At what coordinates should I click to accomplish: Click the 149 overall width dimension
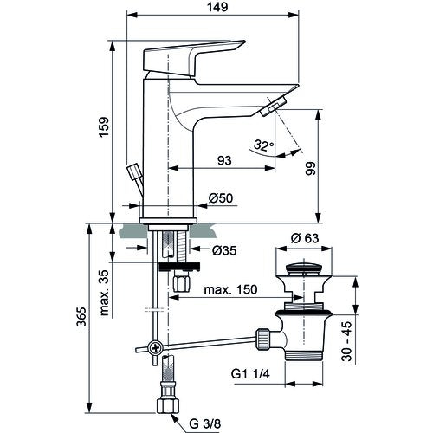coord(217,7)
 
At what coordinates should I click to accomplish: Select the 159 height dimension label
coord(104,126)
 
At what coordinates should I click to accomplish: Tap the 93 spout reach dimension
coord(224,160)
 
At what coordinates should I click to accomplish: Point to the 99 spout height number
coord(311,168)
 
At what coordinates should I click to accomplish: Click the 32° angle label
coord(263,145)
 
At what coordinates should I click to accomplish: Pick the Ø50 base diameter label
coord(221,198)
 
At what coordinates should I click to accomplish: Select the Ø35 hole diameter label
coord(224,250)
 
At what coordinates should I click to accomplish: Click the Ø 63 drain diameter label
coord(305,238)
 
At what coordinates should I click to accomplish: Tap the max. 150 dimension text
coord(230,289)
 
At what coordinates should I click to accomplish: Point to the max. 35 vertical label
coord(104,293)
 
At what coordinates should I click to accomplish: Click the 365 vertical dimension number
coord(81,317)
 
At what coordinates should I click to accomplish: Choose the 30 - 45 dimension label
coord(346,341)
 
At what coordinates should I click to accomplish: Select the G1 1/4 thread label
coord(250,374)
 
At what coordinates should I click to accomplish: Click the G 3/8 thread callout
coord(205,424)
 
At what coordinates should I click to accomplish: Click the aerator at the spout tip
coord(273,107)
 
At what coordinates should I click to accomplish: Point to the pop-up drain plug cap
coord(303,268)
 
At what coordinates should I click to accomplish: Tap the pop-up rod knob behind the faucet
coord(134,171)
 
